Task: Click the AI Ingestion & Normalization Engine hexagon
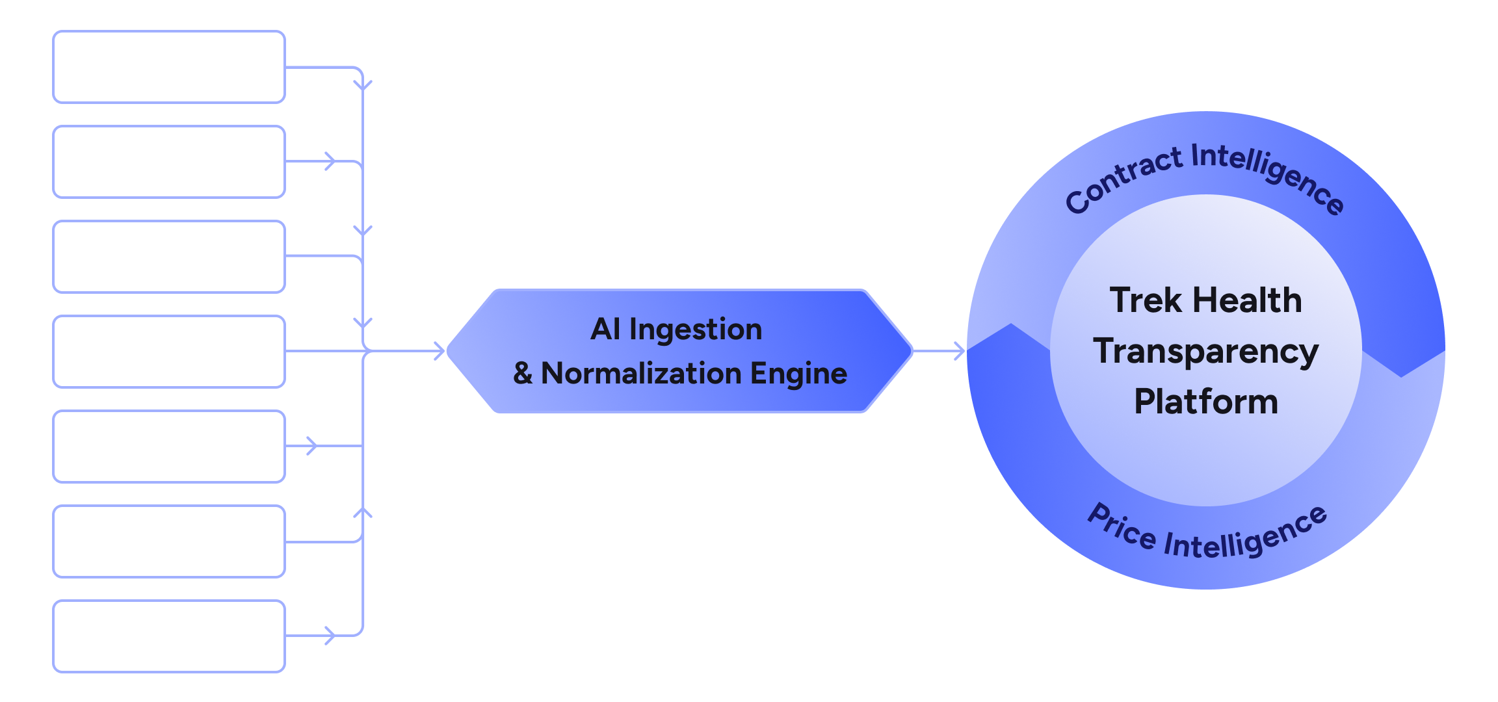679,351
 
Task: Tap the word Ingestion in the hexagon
695,329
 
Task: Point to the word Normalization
641,374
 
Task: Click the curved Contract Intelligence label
1203,172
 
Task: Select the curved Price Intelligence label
1206,536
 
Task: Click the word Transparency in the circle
1205,352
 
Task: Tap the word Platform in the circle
1205,402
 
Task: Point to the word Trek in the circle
1145,300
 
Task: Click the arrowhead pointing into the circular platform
960,351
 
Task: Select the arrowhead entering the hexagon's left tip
440,351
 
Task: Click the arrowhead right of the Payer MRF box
330,161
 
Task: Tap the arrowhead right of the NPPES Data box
330,636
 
